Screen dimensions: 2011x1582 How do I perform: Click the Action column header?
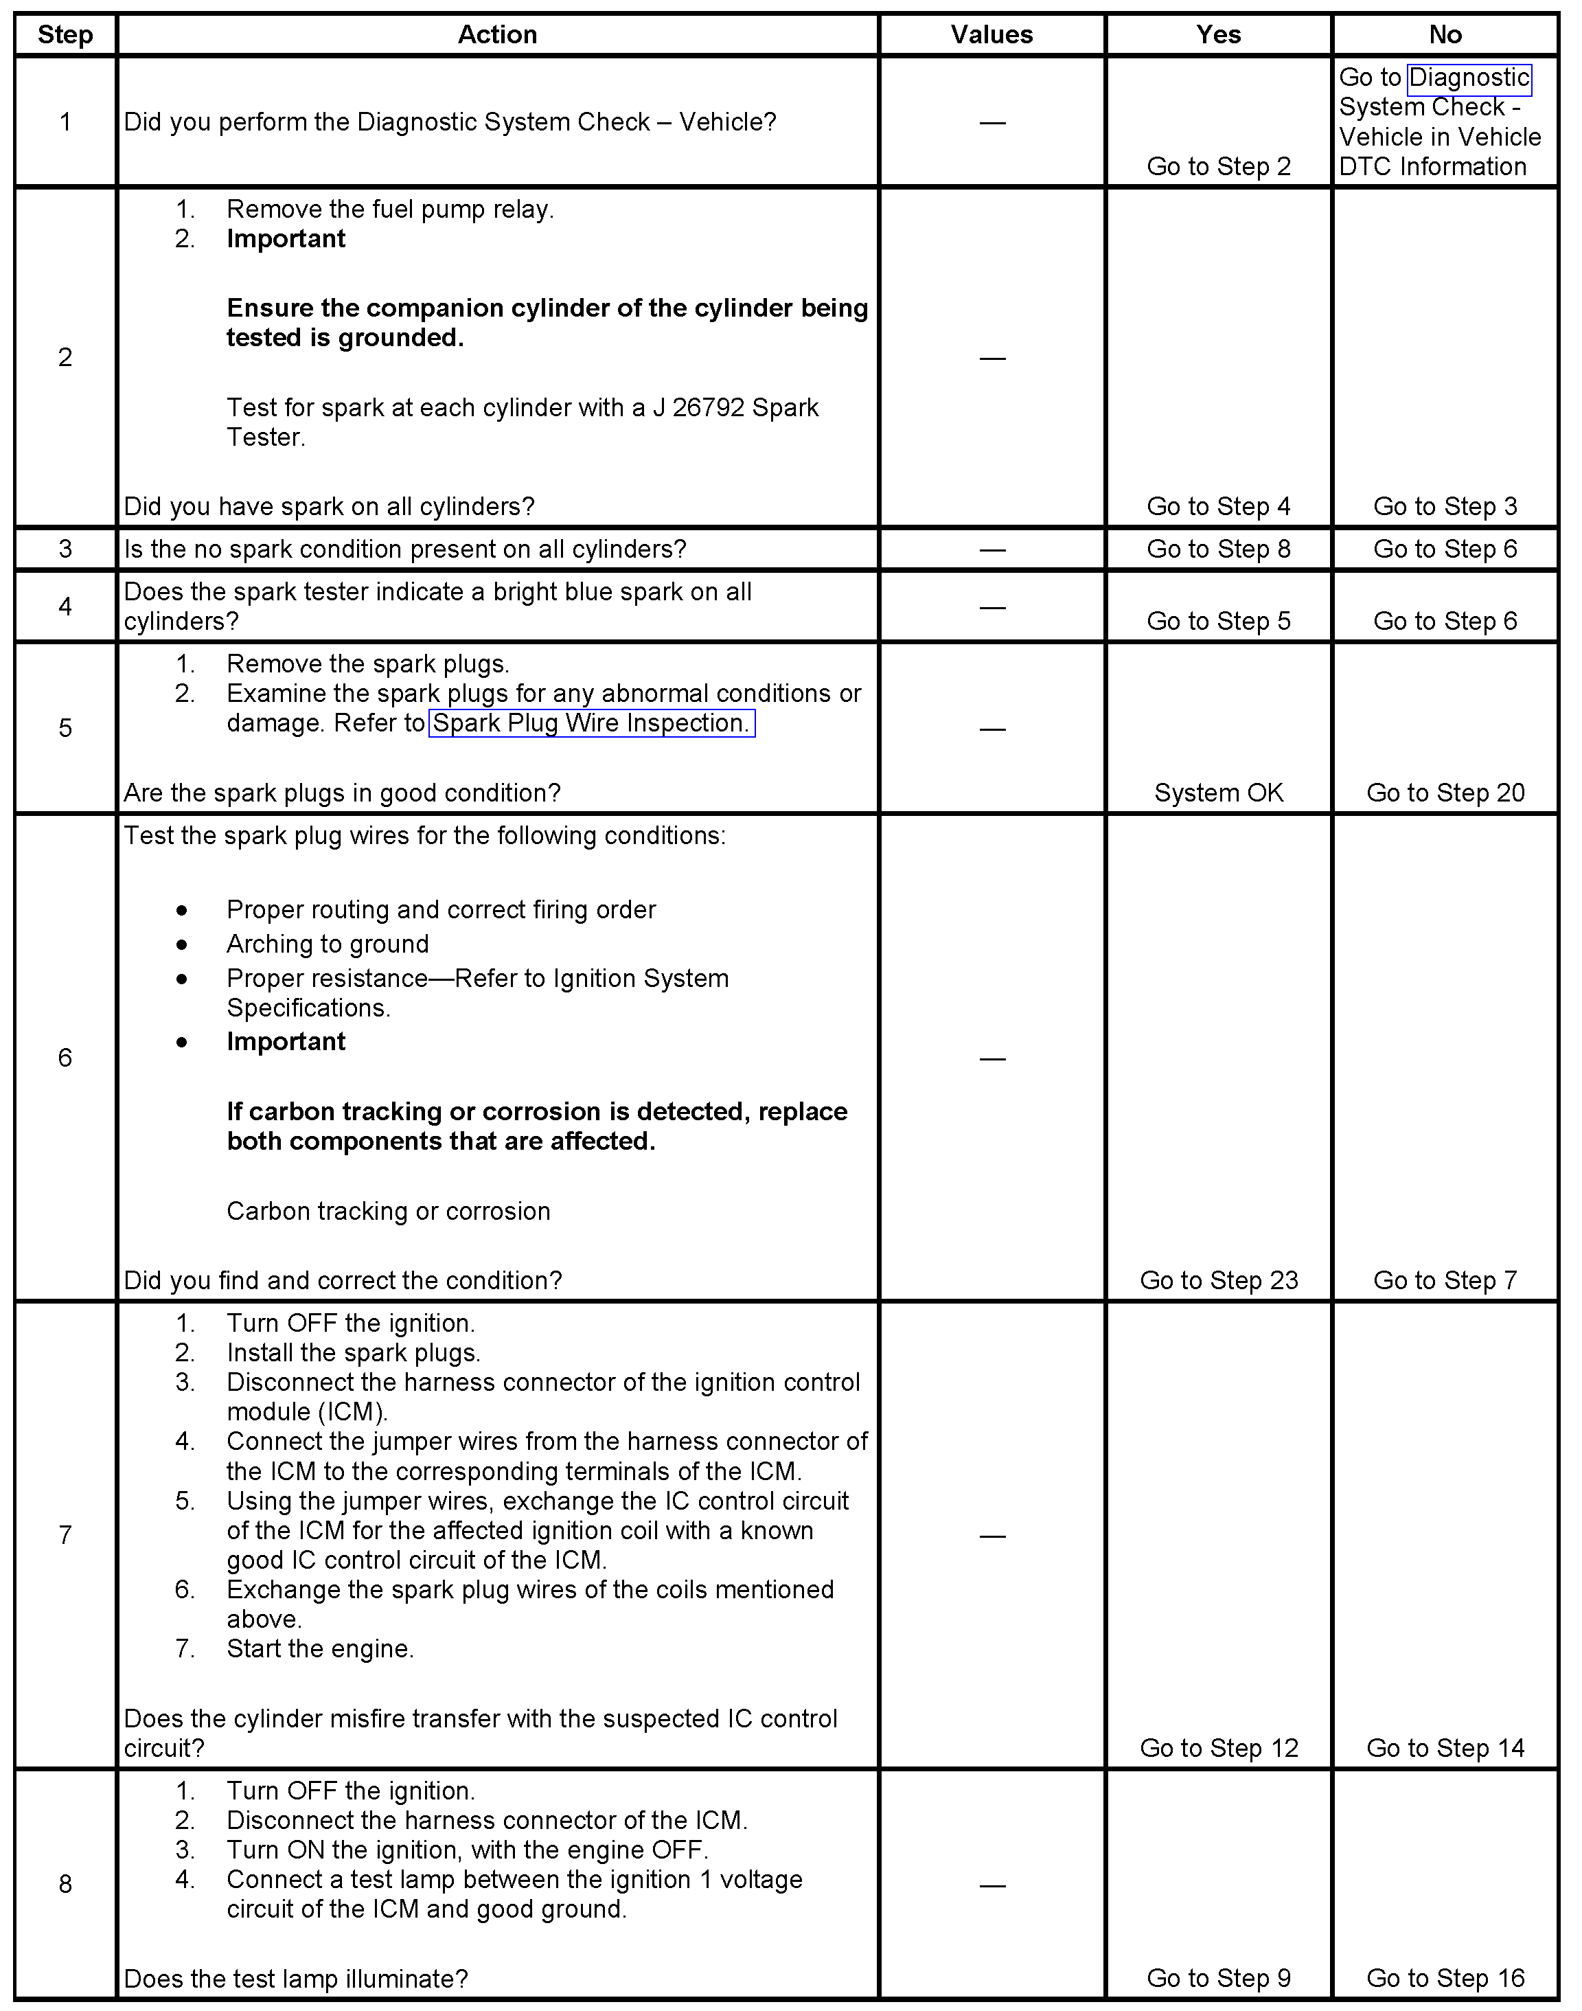point(497,35)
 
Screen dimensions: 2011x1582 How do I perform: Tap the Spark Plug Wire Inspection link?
point(591,723)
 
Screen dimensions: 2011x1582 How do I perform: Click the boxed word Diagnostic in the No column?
point(1468,78)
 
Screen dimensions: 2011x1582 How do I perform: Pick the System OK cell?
point(1218,793)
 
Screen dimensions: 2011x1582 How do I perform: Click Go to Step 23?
point(1218,1280)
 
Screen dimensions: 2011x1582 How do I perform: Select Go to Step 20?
point(1445,793)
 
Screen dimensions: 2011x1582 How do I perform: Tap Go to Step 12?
point(1218,1748)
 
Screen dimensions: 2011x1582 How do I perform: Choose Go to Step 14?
point(1445,1748)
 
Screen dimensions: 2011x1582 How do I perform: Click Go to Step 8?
point(1218,549)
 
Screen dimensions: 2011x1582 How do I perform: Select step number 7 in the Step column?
point(65,1536)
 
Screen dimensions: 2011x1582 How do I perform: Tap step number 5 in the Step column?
point(65,728)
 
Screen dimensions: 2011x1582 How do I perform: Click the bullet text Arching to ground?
point(328,944)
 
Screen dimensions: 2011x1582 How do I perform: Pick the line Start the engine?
point(321,1649)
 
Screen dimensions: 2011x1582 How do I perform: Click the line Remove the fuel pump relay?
point(390,209)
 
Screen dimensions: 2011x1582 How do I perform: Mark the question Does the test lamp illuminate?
point(297,1979)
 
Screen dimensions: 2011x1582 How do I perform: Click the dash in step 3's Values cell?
point(992,550)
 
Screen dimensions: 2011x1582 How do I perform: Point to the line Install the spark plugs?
point(354,1353)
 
